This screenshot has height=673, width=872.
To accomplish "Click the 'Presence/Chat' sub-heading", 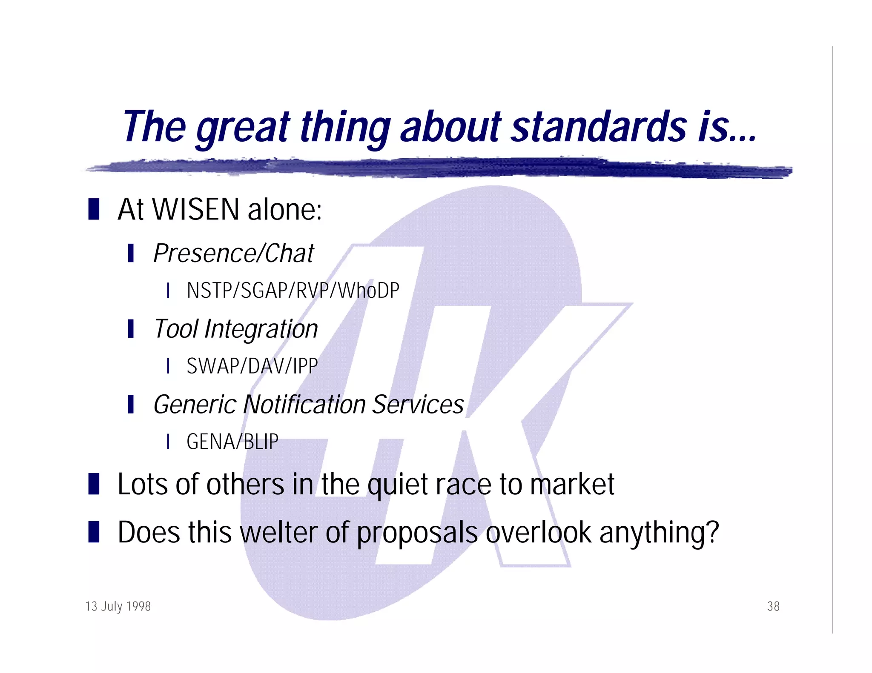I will point(233,254).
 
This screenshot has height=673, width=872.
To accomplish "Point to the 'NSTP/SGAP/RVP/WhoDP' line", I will point(293,291).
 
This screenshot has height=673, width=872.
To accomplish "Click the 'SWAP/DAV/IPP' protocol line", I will point(252,366).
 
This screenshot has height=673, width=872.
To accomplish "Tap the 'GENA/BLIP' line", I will point(232,442).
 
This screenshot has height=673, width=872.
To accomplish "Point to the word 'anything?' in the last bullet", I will point(659,533).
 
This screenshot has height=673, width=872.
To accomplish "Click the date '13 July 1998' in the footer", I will point(118,606).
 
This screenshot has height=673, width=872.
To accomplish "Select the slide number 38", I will point(773,606).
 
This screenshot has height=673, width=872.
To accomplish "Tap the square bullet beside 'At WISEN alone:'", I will point(94,209).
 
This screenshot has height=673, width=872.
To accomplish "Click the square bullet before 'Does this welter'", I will point(94,532).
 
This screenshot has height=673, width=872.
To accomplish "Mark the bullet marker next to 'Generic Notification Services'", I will point(131,404).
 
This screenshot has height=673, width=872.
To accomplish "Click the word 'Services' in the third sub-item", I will point(418,404).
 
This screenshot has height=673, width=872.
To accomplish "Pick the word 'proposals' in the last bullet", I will point(417,533).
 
